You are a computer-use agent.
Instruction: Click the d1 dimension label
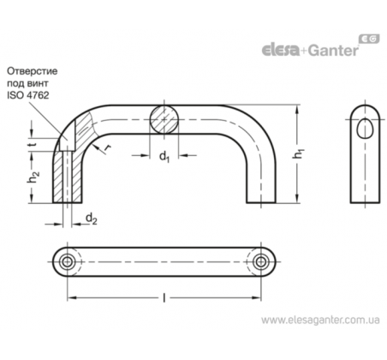point(164,157)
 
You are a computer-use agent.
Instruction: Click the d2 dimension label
point(92,219)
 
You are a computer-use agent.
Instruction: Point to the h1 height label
point(298,153)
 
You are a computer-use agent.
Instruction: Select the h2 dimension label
point(33,177)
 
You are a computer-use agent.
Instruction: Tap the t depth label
point(33,144)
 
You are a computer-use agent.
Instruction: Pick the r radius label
point(107,147)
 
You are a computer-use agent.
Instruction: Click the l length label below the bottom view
point(164,298)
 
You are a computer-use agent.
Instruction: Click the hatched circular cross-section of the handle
point(164,120)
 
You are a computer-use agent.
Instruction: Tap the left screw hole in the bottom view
point(67,261)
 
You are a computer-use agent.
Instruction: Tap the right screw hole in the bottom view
point(260,261)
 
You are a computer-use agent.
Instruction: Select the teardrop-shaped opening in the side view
point(365,128)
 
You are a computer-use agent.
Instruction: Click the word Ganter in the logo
point(333,51)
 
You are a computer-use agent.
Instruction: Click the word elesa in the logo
point(281,50)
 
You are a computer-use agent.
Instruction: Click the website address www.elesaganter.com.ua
point(320,320)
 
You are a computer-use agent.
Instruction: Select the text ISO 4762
point(28,95)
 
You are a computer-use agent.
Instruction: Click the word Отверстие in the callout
point(33,71)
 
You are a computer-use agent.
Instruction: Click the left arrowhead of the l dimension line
point(72,298)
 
